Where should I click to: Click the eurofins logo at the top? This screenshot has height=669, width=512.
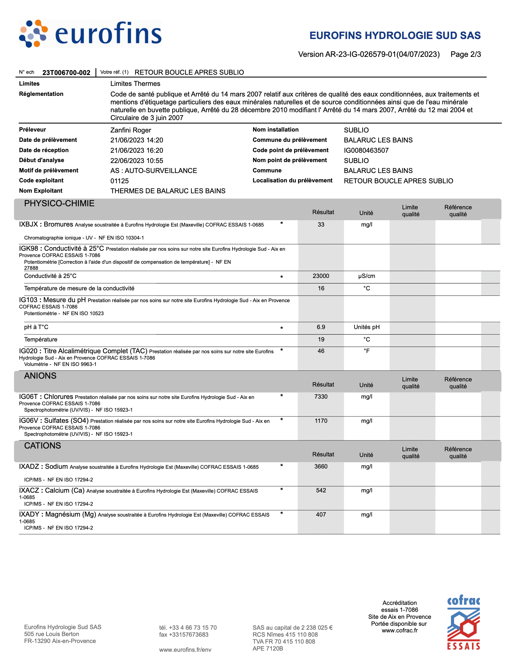click(90, 34)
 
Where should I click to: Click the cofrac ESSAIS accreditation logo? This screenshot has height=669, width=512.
click(463, 622)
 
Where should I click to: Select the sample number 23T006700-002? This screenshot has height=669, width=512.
click(66, 73)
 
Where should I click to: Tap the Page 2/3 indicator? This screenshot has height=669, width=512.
click(465, 54)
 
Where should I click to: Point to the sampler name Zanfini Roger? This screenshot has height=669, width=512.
click(131, 130)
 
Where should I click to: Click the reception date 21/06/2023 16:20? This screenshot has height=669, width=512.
click(137, 150)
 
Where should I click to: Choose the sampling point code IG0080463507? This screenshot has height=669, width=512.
click(366, 150)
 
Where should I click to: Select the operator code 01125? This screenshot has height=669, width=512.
click(119, 181)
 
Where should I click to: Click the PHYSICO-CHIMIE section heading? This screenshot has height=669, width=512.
click(59, 203)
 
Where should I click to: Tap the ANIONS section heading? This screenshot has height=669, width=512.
click(40, 376)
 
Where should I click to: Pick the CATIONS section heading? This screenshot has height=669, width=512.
click(42, 445)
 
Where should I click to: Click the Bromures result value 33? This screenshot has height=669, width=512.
click(321, 224)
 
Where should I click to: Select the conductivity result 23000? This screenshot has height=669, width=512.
click(321, 276)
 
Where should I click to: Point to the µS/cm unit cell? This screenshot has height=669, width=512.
click(367, 276)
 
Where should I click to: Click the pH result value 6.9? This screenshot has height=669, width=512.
click(321, 327)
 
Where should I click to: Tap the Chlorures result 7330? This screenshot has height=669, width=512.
click(321, 397)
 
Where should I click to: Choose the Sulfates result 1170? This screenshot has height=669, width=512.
click(321, 421)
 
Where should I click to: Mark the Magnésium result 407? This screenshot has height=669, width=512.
click(321, 514)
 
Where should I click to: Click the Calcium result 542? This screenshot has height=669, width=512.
click(321, 490)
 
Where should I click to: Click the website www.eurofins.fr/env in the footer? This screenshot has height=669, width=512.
click(185, 650)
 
